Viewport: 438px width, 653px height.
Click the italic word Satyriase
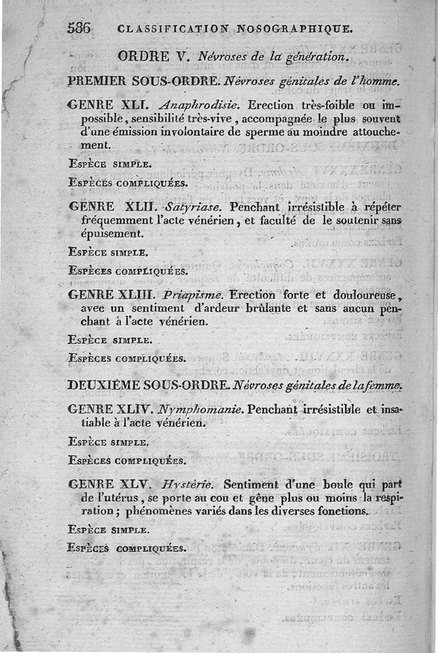(197, 208)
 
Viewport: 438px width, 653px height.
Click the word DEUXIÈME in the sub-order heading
(103, 385)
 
